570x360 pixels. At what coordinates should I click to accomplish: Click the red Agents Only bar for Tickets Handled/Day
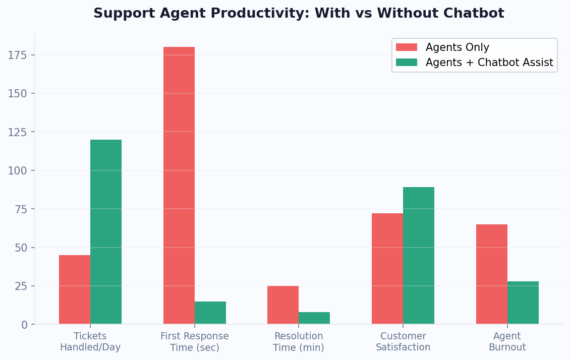pyautogui.click(x=75, y=289)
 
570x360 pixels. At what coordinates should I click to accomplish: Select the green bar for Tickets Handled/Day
pyautogui.click(x=106, y=232)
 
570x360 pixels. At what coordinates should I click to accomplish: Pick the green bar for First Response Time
pyautogui.click(x=210, y=313)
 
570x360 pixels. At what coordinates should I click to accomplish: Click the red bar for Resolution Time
pyautogui.click(x=283, y=305)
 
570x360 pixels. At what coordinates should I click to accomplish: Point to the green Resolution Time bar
pyautogui.click(x=314, y=318)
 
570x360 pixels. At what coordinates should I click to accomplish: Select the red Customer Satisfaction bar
pyautogui.click(x=387, y=269)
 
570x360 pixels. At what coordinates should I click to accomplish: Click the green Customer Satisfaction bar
pyautogui.click(x=419, y=256)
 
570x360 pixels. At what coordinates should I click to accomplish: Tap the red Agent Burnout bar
pyautogui.click(x=492, y=274)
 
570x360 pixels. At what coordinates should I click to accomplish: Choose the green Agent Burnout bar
pyautogui.click(x=523, y=303)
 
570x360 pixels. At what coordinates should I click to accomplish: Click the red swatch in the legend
pyautogui.click(x=407, y=47)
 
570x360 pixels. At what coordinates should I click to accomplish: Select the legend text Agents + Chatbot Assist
pyautogui.click(x=489, y=63)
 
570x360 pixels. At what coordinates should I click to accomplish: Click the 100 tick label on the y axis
pyautogui.click(x=18, y=170)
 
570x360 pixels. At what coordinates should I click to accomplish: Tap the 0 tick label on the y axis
pyautogui.click(x=24, y=325)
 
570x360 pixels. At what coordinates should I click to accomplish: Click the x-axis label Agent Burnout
pyautogui.click(x=507, y=342)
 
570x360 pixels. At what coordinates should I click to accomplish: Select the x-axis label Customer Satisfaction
pyautogui.click(x=403, y=342)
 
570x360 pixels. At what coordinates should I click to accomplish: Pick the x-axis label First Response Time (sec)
pyautogui.click(x=195, y=342)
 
